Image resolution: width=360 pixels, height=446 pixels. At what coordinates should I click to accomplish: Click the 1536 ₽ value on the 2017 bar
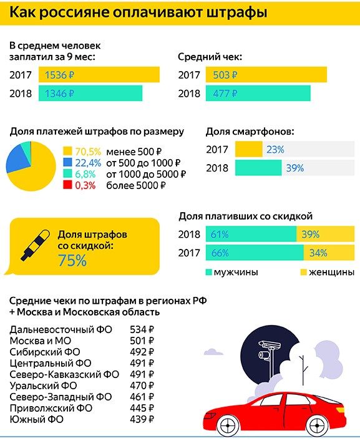(59, 75)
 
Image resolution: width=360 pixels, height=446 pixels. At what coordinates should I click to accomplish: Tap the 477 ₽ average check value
(225, 94)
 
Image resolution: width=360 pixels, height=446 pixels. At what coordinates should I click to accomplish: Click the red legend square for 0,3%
(67, 185)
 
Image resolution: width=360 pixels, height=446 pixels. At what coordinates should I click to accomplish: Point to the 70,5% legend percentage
(88, 152)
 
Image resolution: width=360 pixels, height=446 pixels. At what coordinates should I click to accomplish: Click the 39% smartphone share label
(295, 168)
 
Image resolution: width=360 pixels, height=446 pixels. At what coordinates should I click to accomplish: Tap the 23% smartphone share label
(275, 150)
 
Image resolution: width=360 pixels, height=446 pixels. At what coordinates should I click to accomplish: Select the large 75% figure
(72, 260)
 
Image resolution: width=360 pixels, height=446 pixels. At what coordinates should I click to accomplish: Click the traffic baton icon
(35, 245)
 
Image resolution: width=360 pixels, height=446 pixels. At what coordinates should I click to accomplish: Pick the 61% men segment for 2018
(251, 235)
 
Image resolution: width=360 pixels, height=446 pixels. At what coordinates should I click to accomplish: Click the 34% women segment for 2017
(329, 253)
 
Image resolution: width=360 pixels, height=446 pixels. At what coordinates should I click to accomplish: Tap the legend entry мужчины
(231, 272)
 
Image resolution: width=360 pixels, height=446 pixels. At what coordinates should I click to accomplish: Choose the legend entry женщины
(328, 272)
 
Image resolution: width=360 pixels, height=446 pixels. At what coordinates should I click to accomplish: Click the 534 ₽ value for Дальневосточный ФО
(142, 329)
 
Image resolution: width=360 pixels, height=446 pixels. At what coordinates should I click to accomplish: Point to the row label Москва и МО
(40, 341)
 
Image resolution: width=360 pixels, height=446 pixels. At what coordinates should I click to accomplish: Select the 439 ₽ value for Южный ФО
(142, 419)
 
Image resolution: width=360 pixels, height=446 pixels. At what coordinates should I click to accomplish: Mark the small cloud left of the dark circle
(213, 352)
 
